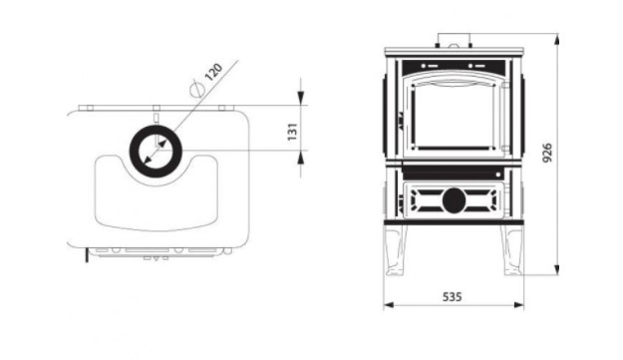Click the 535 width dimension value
pos(452,297)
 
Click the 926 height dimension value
pos(547,153)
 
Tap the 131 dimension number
pos(292,132)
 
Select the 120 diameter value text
pos(213,72)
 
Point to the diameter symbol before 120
pos(197,88)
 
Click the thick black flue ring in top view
pos(156,130)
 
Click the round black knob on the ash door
pos(454,200)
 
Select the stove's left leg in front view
pos(396,250)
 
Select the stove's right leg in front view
pos(511,250)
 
